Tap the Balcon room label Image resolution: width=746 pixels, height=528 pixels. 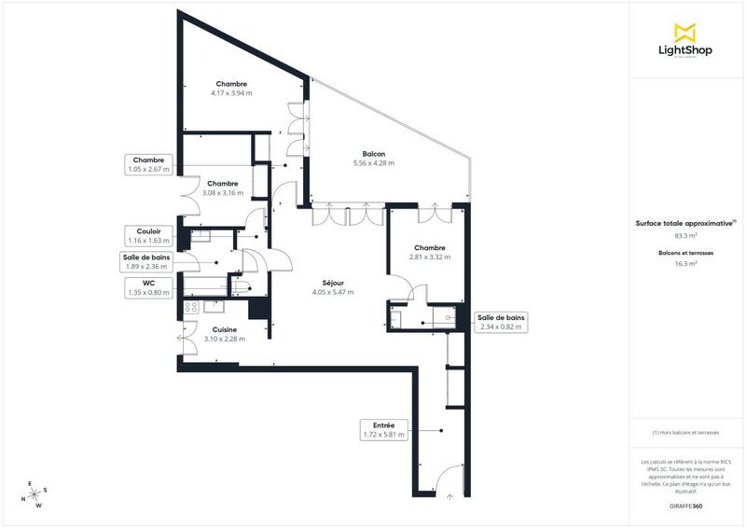coord(375,154)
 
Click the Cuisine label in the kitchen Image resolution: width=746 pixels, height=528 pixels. coord(224,329)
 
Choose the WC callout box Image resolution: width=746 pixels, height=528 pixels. coord(148,287)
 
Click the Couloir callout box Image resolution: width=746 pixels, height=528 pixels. coord(148,234)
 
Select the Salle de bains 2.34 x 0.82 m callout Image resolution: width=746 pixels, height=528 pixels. coord(501,322)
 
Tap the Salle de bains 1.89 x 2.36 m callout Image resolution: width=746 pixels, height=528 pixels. coord(148,261)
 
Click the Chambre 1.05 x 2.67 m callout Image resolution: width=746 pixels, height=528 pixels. coord(148,164)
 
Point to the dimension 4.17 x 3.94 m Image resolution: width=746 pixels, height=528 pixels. coord(230,93)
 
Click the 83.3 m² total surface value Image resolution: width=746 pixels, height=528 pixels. coord(685,237)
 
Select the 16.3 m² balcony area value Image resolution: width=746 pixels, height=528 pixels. coord(685,264)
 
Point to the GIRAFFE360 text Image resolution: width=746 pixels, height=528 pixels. coord(685,505)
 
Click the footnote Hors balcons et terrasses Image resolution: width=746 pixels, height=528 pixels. coord(685,433)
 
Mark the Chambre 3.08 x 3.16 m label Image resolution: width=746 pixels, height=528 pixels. coord(224,188)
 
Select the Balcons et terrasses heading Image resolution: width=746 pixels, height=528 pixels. coord(685,253)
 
